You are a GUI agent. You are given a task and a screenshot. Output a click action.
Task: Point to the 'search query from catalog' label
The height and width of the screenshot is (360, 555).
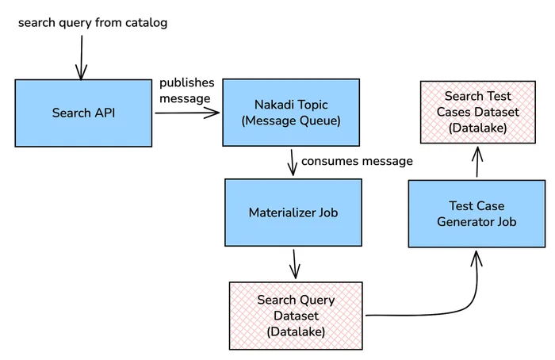click(x=93, y=23)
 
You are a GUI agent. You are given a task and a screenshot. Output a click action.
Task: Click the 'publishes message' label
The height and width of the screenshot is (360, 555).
click(x=185, y=90)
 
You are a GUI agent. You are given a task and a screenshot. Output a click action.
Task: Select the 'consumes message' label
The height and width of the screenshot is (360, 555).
click(x=357, y=161)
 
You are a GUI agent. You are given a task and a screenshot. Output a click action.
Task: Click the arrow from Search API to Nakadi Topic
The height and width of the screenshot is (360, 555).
click(x=186, y=113)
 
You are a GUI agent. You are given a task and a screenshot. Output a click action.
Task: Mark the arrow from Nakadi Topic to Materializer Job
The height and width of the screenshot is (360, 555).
click(x=293, y=162)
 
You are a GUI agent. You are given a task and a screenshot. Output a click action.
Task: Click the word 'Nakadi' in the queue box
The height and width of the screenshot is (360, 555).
click(x=273, y=104)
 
